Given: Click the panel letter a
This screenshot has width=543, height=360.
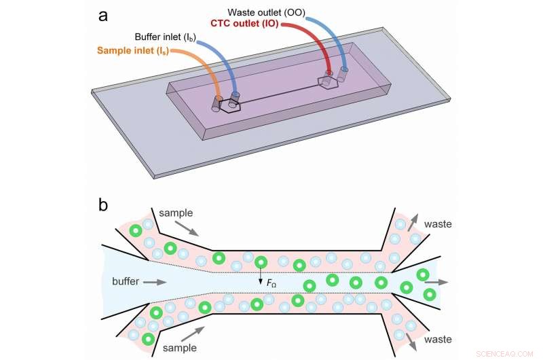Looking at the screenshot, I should point(104,15).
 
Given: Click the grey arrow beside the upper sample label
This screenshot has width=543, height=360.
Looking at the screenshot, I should point(190,231).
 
